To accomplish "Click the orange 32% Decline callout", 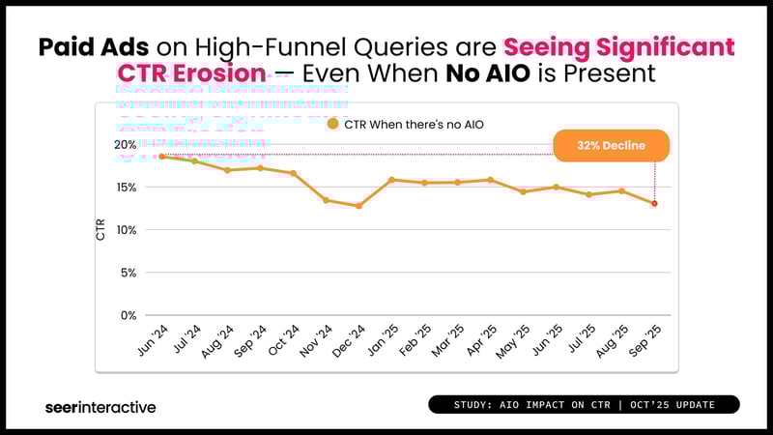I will pos(611,145).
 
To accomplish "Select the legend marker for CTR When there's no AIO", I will pos(333,124).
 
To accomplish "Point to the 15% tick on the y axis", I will pos(127,188).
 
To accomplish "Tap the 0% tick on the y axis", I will pos(129,315).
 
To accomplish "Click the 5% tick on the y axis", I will pos(129,273).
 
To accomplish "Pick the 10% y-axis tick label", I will pos(127,230).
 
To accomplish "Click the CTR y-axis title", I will pos(101,230).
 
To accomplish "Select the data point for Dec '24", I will pos(358,206).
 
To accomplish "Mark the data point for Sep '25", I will pos(655,203).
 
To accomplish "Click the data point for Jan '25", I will pos(391,180).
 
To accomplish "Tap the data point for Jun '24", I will pos(161,157).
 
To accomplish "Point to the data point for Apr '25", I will pos(491,180).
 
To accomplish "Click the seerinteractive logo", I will pos(100,407).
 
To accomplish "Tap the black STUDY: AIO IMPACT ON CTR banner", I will pos(584,404).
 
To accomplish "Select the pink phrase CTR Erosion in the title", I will pos(190,72).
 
